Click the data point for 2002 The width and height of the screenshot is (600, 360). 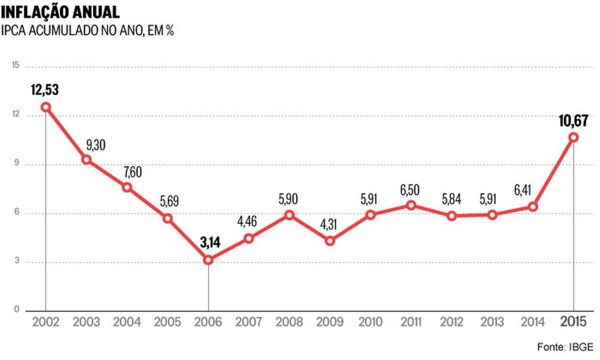tap(46, 107)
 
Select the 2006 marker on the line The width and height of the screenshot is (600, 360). tap(208, 260)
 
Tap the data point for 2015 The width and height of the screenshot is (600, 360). tap(573, 137)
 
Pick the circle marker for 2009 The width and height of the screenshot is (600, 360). tap(330, 241)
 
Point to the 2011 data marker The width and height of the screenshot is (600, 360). tap(411, 205)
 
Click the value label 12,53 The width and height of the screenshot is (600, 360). tap(45, 88)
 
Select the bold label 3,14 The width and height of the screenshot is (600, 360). tap(208, 241)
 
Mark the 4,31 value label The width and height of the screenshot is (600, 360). tap(330, 225)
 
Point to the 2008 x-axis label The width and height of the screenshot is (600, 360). tap(289, 322)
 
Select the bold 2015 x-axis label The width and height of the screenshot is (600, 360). tap(573, 322)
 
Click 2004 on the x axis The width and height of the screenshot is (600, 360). tap(127, 322)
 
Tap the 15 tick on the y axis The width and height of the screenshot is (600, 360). tap(15, 66)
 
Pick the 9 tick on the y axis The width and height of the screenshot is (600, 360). tap(16, 164)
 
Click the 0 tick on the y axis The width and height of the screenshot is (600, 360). tap(17, 310)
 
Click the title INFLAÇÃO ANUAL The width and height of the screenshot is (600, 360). tap(61, 12)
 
